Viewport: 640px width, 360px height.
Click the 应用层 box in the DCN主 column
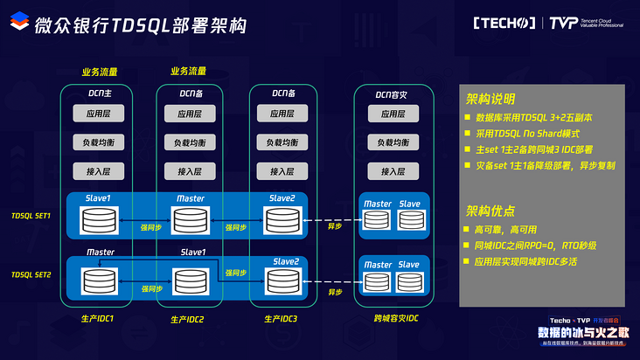[98, 114]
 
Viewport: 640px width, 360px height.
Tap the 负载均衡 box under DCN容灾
[387, 142]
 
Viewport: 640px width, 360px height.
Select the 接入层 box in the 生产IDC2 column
[191, 171]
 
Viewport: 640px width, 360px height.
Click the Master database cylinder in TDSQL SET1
[191, 221]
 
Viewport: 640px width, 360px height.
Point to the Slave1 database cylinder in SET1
[98, 221]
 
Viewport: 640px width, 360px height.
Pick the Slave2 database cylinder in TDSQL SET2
[285, 282]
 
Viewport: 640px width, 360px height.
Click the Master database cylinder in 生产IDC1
[98, 280]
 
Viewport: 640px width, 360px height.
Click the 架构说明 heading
[490, 98]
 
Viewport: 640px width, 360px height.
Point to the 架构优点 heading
[490, 211]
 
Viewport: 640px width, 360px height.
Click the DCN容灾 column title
[387, 92]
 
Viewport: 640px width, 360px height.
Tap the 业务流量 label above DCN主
[99, 72]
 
